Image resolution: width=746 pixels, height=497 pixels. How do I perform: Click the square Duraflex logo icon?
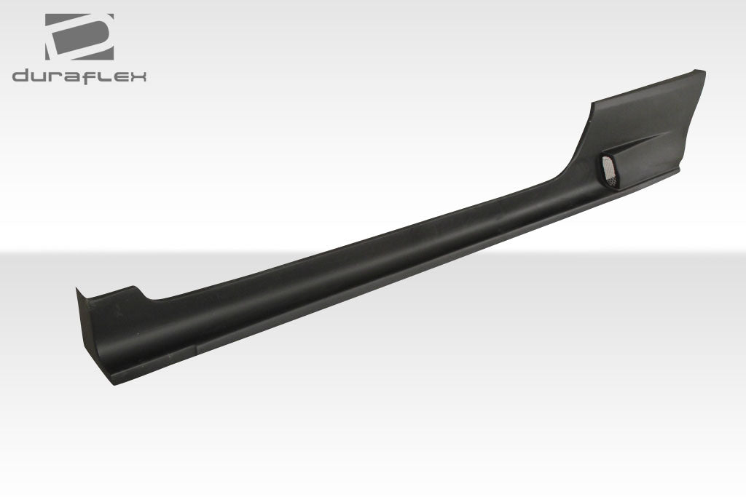point(79,36)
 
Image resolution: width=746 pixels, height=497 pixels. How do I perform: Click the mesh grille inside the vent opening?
point(610,170)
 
